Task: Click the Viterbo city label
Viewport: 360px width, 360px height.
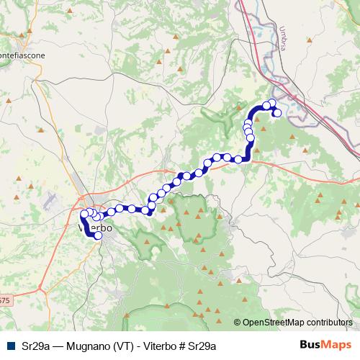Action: [x=91, y=227]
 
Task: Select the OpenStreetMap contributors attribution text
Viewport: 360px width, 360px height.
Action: [x=297, y=323]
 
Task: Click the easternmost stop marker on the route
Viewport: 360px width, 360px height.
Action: [x=277, y=112]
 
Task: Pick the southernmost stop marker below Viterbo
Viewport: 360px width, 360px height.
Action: [x=98, y=235]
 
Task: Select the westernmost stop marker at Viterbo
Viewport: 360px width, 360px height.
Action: [x=84, y=214]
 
